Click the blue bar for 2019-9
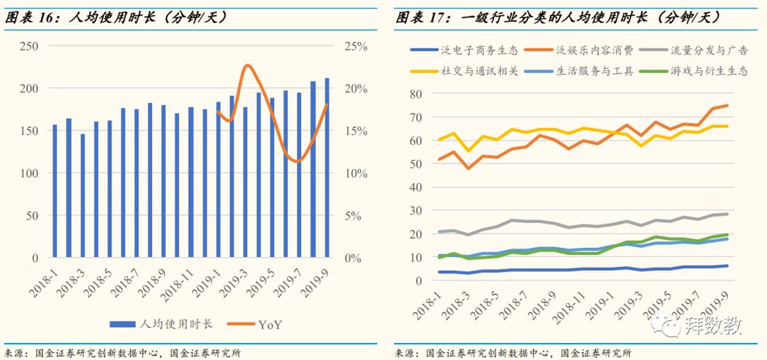tap(327, 168)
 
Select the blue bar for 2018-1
tap(55, 191)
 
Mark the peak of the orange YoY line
tap(247, 65)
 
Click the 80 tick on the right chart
tap(415, 94)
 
